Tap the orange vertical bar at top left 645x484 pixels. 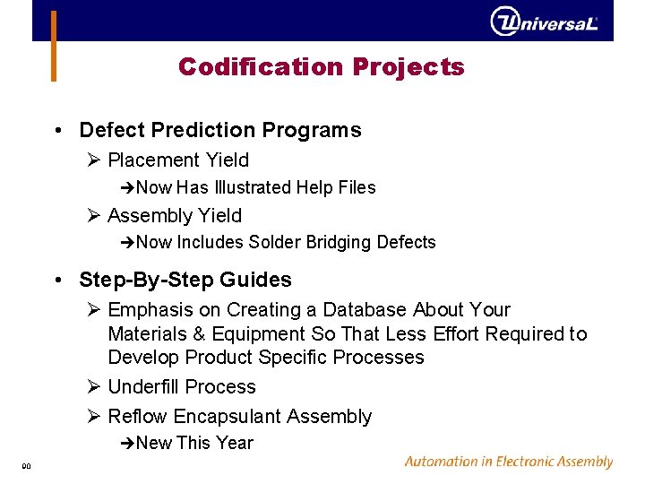tap(54, 45)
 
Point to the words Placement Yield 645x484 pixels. tap(177, 160)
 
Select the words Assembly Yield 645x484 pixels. tap(174, 215)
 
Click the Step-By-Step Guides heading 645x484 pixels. tap(185, 280)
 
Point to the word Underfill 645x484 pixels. tap(143, 387)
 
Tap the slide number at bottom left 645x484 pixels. tap(27, 465)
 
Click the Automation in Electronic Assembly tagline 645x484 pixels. tap(508, 462)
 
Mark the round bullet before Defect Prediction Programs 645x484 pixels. tap(57, 131)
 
